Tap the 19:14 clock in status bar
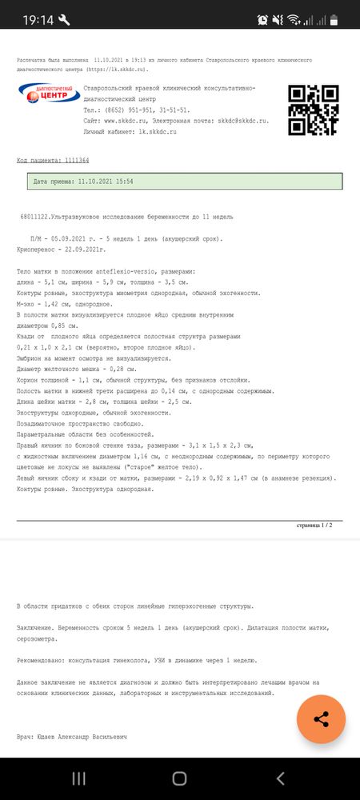[37, 18]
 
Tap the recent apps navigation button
[79, 778]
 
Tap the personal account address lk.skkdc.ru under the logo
[157, 130]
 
